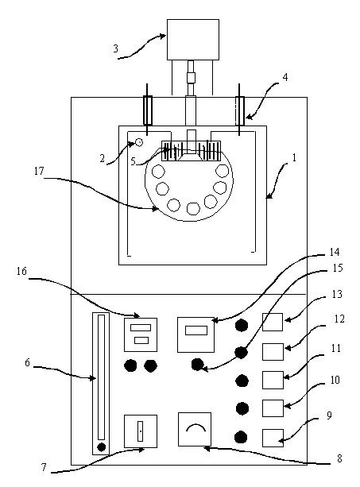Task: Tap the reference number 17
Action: (x=39, y=171)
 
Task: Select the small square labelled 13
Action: (x=273, y=322)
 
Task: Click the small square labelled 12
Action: (x=273, y=352)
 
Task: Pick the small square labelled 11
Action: (x=273, y=380)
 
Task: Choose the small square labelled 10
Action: (x=273, y=408)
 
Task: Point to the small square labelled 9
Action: (x=273, y=438)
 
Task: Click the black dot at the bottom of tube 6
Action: (x=101, y=447)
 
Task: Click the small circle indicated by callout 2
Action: (x=139, y=142)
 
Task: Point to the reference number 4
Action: (x=285, y=77)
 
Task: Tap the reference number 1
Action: (x=293, y=158)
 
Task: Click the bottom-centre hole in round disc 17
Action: (x=193, y=208)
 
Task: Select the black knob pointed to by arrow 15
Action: (x=197, y=365)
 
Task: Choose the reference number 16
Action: (x=21, y=271)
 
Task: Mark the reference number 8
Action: (x=339, y=458)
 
